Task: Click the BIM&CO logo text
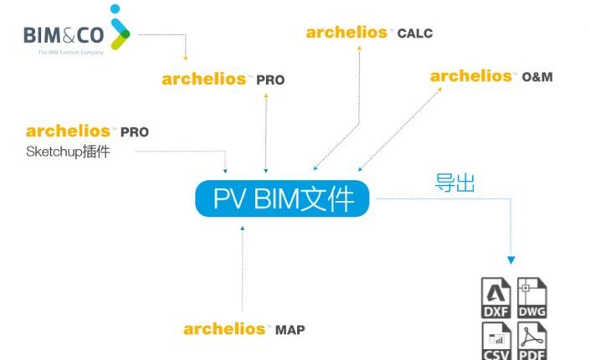click(64, 35)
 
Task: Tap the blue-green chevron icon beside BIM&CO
click(120, 28)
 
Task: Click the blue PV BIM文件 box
click(282, 198)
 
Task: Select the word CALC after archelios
click(415, 33)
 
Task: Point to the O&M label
click(537, 77)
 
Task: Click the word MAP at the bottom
click(290, 330)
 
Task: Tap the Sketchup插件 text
click(68, 152)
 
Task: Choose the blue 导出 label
click(454, 183)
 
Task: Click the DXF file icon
click(496, 298)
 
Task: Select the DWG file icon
click(532, 298)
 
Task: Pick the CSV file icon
click(496, 341)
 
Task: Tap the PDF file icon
click(532, 341)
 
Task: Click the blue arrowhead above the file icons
click(511, 260)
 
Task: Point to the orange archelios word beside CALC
click(346, 33)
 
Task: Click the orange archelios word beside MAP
click(224, 329)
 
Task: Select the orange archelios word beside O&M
click(470, 76)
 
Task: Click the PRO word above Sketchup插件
click(135, 132)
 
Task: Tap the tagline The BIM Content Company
click(71, 53)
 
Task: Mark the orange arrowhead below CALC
click(359, 48)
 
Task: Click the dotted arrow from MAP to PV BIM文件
click(243, 269)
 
